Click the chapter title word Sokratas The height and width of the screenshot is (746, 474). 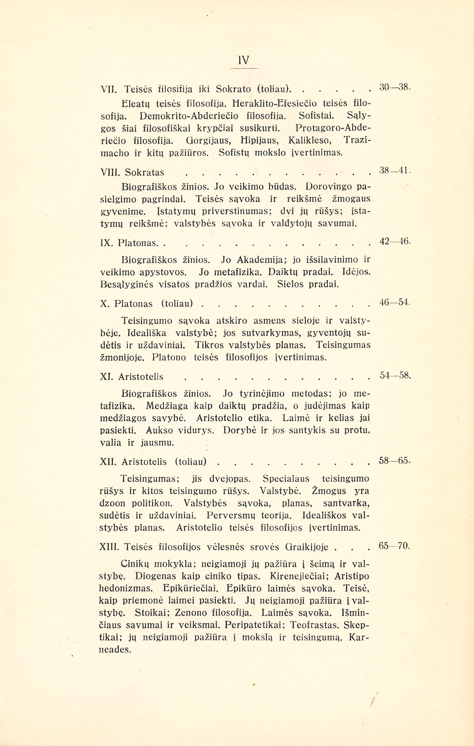click(144, 172)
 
